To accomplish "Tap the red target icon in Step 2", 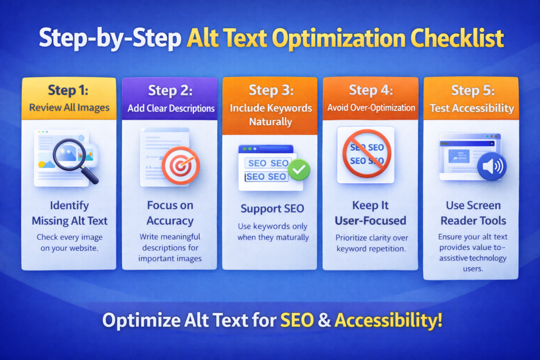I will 180,164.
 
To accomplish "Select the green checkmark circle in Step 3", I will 298,169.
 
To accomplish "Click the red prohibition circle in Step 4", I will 367,153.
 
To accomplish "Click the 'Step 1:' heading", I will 69,90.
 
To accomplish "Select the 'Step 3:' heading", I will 270,90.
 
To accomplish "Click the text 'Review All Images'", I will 69,108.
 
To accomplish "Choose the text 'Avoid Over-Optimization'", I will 371,108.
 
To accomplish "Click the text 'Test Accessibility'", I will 471,108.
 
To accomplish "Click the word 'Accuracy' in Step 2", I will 170,220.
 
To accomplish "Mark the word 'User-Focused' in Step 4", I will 370,220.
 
